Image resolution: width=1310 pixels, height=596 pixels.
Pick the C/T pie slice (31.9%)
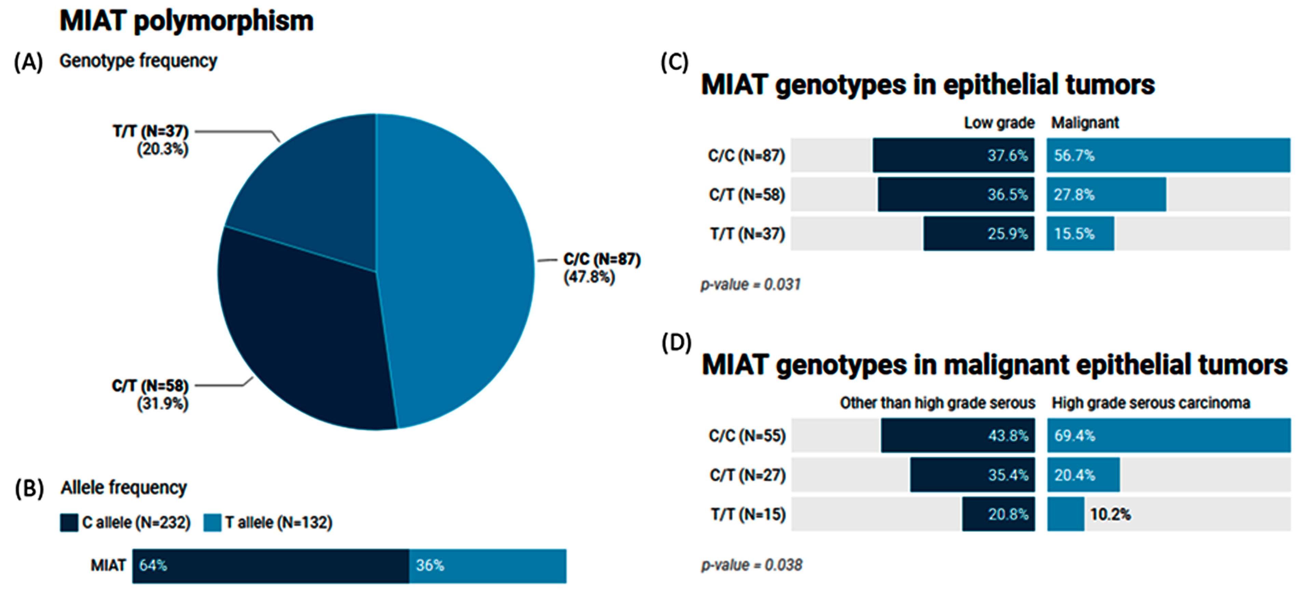point(305,335)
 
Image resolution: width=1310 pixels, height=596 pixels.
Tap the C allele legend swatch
point(69,522)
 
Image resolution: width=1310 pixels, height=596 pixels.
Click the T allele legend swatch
point(212,522)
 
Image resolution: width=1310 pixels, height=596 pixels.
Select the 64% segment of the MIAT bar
point(271,566)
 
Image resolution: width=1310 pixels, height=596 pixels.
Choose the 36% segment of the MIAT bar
point(487,566)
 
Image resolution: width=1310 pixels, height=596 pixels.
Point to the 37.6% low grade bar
point(953,155)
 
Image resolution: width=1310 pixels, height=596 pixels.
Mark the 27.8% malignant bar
point(1106,194)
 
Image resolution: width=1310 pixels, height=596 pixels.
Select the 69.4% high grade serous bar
point(1169,436)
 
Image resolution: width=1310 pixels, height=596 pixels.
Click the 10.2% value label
point(1110,514)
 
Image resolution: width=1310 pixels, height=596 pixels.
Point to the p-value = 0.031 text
point(750,285)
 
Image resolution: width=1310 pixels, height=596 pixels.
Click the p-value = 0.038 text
point(751,565)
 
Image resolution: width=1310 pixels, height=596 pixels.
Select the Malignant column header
point(1085,123)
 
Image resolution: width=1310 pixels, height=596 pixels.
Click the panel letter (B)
point(29,488)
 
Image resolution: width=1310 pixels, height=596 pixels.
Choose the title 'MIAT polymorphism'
point(186,22)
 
